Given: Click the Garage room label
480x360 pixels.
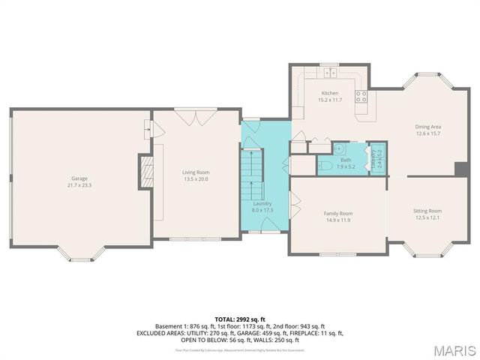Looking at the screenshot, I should tap(79, 178).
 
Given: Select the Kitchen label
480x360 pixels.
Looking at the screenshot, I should tap(329, 93).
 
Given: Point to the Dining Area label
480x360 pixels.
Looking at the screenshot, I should tap(427, 127).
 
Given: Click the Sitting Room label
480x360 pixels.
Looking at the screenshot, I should tap(427, 211).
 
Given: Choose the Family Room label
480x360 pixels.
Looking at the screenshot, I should tap(338, 214).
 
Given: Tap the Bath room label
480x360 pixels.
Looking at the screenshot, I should tap(345, 159).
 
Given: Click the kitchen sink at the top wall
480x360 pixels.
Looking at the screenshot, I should tap(329, 73).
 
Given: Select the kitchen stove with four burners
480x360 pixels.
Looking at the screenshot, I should tap(360, 96).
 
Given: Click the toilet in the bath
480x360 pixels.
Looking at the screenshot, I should tap(324, 165).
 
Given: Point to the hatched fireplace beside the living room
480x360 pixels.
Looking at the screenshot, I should tap(147, 172).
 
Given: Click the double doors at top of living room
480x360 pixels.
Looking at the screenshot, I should tap(187, 117).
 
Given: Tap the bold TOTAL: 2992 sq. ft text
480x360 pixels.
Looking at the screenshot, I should tap(239, 319).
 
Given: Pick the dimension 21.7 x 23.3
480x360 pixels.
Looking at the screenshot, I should tap(79, 184).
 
